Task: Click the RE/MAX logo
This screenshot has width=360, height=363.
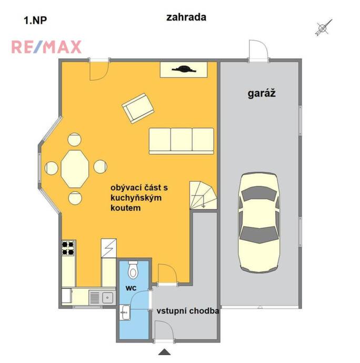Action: coord(46,47)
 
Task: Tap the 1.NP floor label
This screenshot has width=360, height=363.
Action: coord(35,21)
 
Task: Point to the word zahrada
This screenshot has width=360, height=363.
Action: coord(186,17)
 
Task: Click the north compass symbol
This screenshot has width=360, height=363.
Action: coord(324,28)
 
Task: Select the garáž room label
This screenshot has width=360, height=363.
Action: coord(262,93)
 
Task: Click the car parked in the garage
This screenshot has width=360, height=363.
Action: coord(259,222)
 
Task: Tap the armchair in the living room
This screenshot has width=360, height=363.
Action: coord(138,108)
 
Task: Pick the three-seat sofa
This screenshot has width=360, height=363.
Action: coord(181,141)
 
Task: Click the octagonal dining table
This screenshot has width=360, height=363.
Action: coord(75,169)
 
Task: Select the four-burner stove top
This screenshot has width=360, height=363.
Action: coord(68,248)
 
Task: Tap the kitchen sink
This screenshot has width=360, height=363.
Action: coord(103,298)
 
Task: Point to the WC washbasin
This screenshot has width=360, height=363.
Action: coord(125,312)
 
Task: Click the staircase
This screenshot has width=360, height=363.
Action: coord(203,195)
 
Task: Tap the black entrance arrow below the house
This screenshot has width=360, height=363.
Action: coord(164,351)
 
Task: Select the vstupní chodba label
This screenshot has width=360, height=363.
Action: coord(187,311)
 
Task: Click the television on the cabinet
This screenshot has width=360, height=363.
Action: coord(184,69)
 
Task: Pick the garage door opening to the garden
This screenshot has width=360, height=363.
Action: coord(258,51)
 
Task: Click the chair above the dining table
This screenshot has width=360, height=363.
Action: coord(74,140)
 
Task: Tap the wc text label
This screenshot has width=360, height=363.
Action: coord(131,288)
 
